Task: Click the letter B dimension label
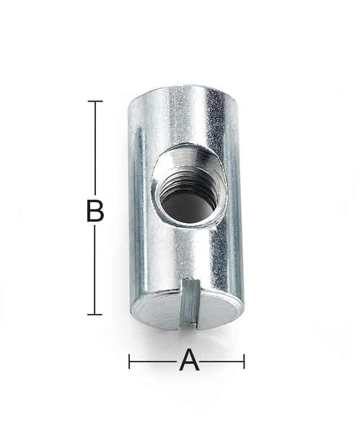[95, 211]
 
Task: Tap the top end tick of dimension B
[95, 101]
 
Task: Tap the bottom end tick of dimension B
[95, 315]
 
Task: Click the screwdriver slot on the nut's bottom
[188, 302]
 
